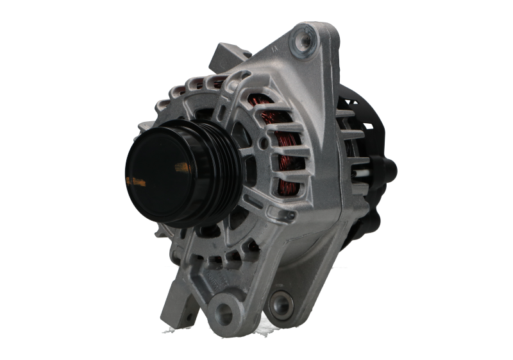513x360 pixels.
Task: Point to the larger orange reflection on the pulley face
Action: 181,167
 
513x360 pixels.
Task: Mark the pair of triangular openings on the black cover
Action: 350,101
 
